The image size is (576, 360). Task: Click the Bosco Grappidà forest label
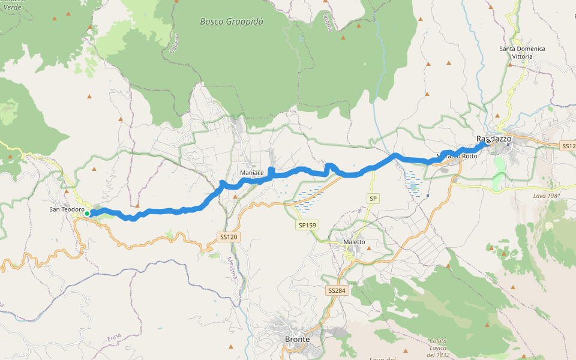click(x=232, y=21)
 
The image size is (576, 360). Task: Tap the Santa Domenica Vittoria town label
click(x=522, y=52)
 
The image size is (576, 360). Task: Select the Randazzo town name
click(x=494, y=139)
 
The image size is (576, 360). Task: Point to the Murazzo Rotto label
click(x=457, y=156)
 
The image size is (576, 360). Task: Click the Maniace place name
click(x=251, y=173)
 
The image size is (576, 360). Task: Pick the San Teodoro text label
click(x=66, y=209)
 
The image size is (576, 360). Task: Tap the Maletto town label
click(x=354, y=242)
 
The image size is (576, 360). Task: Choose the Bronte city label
click(x=298, y=339)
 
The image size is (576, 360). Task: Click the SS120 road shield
click(x=229, y=237)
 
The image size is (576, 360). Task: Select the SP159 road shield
click(x=307, y=226)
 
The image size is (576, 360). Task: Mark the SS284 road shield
click(x=337, y=290)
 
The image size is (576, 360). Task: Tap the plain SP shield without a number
click(x=373, y=198)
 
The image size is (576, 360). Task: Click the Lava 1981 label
click(x=547, y=196)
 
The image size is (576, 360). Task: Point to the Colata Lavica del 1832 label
click(x=438, y=349)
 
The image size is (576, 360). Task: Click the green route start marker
click(x=87, y=213)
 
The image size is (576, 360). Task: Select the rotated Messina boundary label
click(x=232, y=267)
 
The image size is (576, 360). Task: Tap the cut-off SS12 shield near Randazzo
click(x=568, y=146)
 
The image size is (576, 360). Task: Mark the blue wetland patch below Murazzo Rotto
click(x=413, y=182)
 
